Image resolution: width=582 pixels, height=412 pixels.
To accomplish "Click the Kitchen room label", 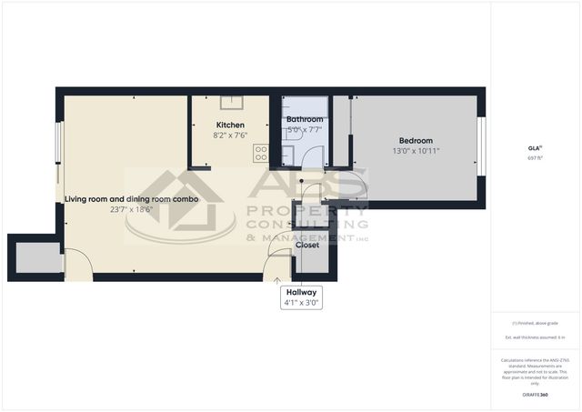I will [229, 125].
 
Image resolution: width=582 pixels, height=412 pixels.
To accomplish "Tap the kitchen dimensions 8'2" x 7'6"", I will [229, 136].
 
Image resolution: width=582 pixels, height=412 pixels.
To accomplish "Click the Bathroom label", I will [305, 119].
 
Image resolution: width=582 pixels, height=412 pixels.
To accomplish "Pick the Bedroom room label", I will [416, 140].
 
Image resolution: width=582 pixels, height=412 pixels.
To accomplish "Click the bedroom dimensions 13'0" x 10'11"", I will [416, 151].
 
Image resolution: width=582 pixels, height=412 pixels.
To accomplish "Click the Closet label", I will [307, 245].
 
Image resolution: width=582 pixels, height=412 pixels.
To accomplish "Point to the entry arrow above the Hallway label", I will [278, 280].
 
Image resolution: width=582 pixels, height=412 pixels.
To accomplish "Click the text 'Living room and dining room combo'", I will [132, 198].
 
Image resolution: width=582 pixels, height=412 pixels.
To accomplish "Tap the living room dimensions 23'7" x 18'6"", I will [132, 209].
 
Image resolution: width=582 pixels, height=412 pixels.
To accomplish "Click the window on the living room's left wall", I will [60, 146].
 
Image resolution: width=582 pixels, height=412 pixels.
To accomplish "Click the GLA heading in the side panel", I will [534, 147].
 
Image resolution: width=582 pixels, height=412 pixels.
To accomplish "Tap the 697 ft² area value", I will [534, 157].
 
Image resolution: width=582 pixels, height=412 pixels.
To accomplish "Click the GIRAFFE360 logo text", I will [535, 395].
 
